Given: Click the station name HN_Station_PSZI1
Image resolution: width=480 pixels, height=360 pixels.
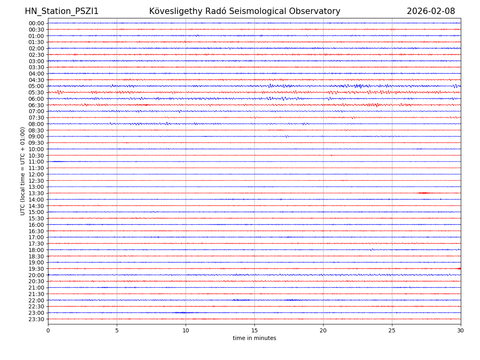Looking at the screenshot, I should click(62, 11).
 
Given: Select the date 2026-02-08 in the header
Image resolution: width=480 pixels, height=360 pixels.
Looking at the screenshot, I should click(431, 11).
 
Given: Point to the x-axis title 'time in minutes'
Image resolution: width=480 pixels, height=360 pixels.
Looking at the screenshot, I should click(254, 338).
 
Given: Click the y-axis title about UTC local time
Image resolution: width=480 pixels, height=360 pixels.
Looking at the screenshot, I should click(23, 171).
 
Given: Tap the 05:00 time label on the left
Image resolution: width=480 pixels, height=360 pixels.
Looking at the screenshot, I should click(36, 86).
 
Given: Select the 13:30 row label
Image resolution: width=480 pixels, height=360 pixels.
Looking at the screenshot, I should click(36, 193).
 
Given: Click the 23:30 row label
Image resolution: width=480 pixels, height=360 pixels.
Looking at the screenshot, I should click(36, 319).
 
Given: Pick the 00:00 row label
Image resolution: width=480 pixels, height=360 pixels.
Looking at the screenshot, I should click(36, 23).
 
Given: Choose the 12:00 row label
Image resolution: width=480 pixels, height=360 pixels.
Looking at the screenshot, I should click(36, 174).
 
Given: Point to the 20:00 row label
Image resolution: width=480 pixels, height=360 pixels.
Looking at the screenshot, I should click(36, 275).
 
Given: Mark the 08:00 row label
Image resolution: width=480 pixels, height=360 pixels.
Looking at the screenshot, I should click(36, 124).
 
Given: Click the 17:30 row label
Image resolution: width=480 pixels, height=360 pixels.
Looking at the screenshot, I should click(36, 244).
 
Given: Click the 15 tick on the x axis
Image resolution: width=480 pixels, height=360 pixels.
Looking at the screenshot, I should click(254, 330).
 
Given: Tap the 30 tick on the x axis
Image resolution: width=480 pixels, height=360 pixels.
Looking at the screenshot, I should click(461, 330).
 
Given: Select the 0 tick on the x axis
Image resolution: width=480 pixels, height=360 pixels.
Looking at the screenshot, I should click(48, 330).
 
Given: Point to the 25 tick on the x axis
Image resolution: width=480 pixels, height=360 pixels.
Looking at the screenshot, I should click(392, 330).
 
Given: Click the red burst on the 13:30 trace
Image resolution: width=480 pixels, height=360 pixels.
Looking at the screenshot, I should click(424, 193).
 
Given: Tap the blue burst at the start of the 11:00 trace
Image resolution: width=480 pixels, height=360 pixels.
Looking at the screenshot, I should click(57, 162).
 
